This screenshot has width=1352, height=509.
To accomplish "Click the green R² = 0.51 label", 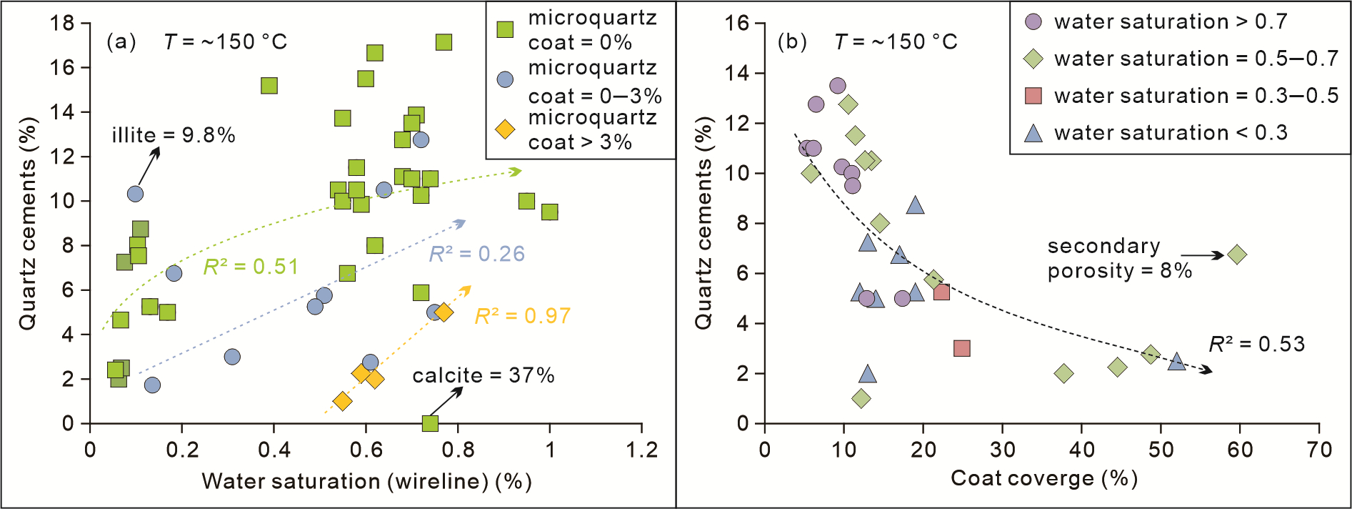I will pyautogui.click(x=251, y=267).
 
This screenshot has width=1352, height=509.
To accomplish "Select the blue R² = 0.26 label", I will pyautogui.click(x=477, y=254).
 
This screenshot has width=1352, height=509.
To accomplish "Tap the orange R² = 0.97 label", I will pyautogui.click(x=523, y=316).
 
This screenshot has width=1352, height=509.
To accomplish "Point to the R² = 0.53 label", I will pyautogui.click(x=1257, y=344).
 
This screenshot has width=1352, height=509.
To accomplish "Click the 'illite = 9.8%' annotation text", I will pyautogui.click(x=174, y=135).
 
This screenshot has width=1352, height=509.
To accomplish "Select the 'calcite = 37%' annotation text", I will pyautogui.click(x=484, y=375).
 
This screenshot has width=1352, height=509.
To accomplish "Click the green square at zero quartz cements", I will pyautogui.click(x=430, y=423).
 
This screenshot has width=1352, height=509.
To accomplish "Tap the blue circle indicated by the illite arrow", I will pyautogui.click(x=135, y=194).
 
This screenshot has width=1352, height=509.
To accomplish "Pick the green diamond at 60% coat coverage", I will pyautogui.click(x=1238, y=254).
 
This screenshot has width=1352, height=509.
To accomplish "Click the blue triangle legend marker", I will pyautogui.click(x=1033, y=133).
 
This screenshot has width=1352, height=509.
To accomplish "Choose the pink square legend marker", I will pyautogui.click(x=1033, y=96).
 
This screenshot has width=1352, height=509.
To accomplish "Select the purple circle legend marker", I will pyautogui.click(x=1033, y=21).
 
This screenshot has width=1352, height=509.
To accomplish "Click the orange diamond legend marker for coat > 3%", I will pyautogui.click(x=505, y=129).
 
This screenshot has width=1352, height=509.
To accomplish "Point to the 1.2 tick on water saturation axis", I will pyautogui.click(x=641, y=450).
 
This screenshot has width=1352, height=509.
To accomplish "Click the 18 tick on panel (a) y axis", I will pyautogui.click(x=62, y=23).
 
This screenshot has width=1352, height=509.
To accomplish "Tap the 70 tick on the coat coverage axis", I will pyautogui.click(x=1319, y=450).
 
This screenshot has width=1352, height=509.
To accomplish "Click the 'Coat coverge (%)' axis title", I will pyautogui.click(x=1043, y=478).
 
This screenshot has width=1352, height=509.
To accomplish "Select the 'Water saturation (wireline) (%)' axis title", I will pyautogui.click(x=366, y=481).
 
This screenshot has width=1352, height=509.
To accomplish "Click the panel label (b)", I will pyautogui.click(x=792, y=41).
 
